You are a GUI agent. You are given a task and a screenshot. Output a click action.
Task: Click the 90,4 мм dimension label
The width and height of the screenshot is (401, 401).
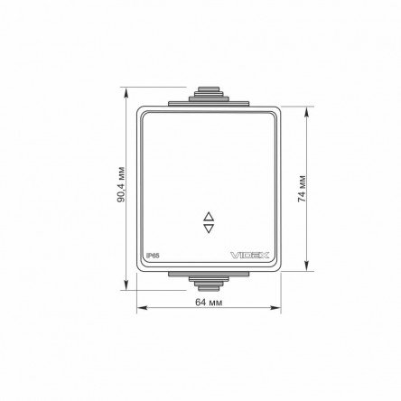pyautogui.click(x=121, y=184)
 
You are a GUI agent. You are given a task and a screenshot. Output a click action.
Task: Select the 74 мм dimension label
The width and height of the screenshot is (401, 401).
pyautogui.click(x=302, y=189)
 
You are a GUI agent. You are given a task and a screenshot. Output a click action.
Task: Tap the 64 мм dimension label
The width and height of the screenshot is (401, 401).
pyautogui.click(x=209, y=302)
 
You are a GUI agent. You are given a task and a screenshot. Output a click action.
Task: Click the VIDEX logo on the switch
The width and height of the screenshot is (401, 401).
pyautogui.click(x=250, y=256)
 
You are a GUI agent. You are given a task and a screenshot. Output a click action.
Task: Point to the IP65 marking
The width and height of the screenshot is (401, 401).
pyautogui.click(x=153, y=256)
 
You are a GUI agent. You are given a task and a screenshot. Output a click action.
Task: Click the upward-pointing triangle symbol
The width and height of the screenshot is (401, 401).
pyautogui.click(x=209, y=217)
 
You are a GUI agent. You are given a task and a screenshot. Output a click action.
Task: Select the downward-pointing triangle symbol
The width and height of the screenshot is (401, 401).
pyautogui.click(x=209, y=228)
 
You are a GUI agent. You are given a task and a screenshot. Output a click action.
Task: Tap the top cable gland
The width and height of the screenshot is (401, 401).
pyautogui.click(x=209, y=94)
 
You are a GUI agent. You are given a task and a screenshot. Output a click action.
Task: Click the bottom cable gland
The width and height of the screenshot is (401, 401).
pyautogui.click(x=209, y=284)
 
